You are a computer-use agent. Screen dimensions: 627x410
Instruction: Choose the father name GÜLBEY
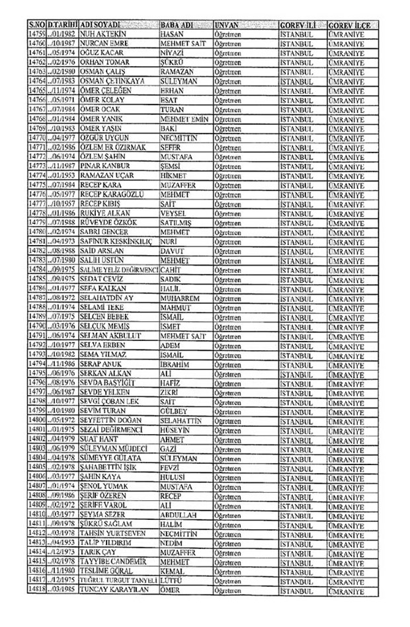176,410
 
